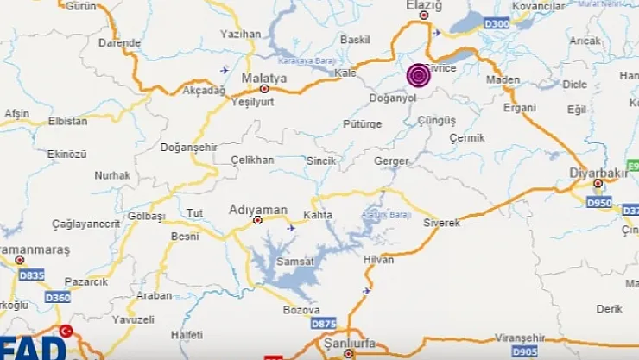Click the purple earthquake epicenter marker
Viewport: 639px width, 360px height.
point(419,76)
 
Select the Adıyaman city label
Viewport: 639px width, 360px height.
point(256,209)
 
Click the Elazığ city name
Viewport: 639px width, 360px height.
point(424,6)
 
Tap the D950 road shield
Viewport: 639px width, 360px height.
point(598,202)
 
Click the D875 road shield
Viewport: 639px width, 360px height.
point(323,323)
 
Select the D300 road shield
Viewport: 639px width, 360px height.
point(497,23)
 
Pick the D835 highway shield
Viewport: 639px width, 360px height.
point(31,275)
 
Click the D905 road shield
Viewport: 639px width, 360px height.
point(523,351)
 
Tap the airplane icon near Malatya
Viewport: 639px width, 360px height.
point(225,70)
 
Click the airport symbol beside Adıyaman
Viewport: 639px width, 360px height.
point(291,228)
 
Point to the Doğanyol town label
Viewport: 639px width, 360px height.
point(394,98)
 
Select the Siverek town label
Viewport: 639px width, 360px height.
point(442,223)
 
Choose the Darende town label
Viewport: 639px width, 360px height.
point(119,42)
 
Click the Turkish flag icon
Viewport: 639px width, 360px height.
point(66,332)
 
